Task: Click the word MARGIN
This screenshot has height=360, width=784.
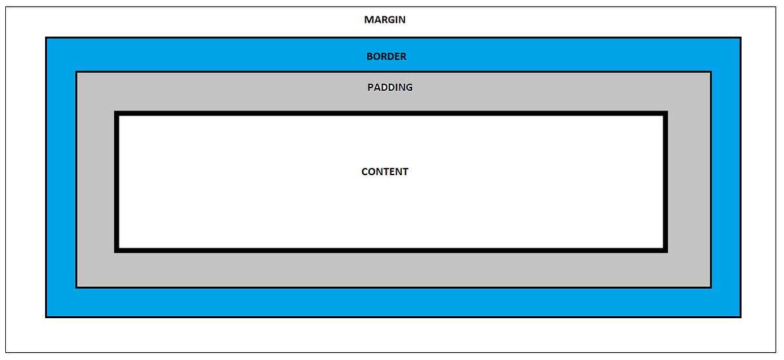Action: [385, 20]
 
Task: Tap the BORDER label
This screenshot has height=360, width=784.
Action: [386, 56]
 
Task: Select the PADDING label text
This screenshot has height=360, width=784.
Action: [390, 87]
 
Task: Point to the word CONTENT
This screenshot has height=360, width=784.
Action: [385, 172]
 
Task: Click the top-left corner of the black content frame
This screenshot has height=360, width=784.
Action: [116, 113]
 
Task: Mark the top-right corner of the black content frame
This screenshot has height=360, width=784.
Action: [666, 113]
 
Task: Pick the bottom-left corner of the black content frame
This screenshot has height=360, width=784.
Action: [116, 250]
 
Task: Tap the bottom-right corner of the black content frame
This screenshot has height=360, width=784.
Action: [666, 250]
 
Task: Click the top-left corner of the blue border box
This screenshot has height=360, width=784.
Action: [46, 38]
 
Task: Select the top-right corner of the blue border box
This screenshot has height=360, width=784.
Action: [740, 38]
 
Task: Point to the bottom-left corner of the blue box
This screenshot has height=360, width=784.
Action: [46, 317]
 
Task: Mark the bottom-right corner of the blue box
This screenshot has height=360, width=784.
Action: [740, 317]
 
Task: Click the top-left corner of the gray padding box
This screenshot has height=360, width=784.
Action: [76, 72]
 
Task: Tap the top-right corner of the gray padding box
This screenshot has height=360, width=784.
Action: [711, 72]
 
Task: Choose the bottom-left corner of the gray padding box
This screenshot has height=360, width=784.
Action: [76, 287]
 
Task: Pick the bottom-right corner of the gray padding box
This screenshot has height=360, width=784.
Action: [711, 287]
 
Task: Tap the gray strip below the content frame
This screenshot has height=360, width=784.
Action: [392, 269]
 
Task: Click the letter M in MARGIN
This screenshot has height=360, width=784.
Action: [368, 20]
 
